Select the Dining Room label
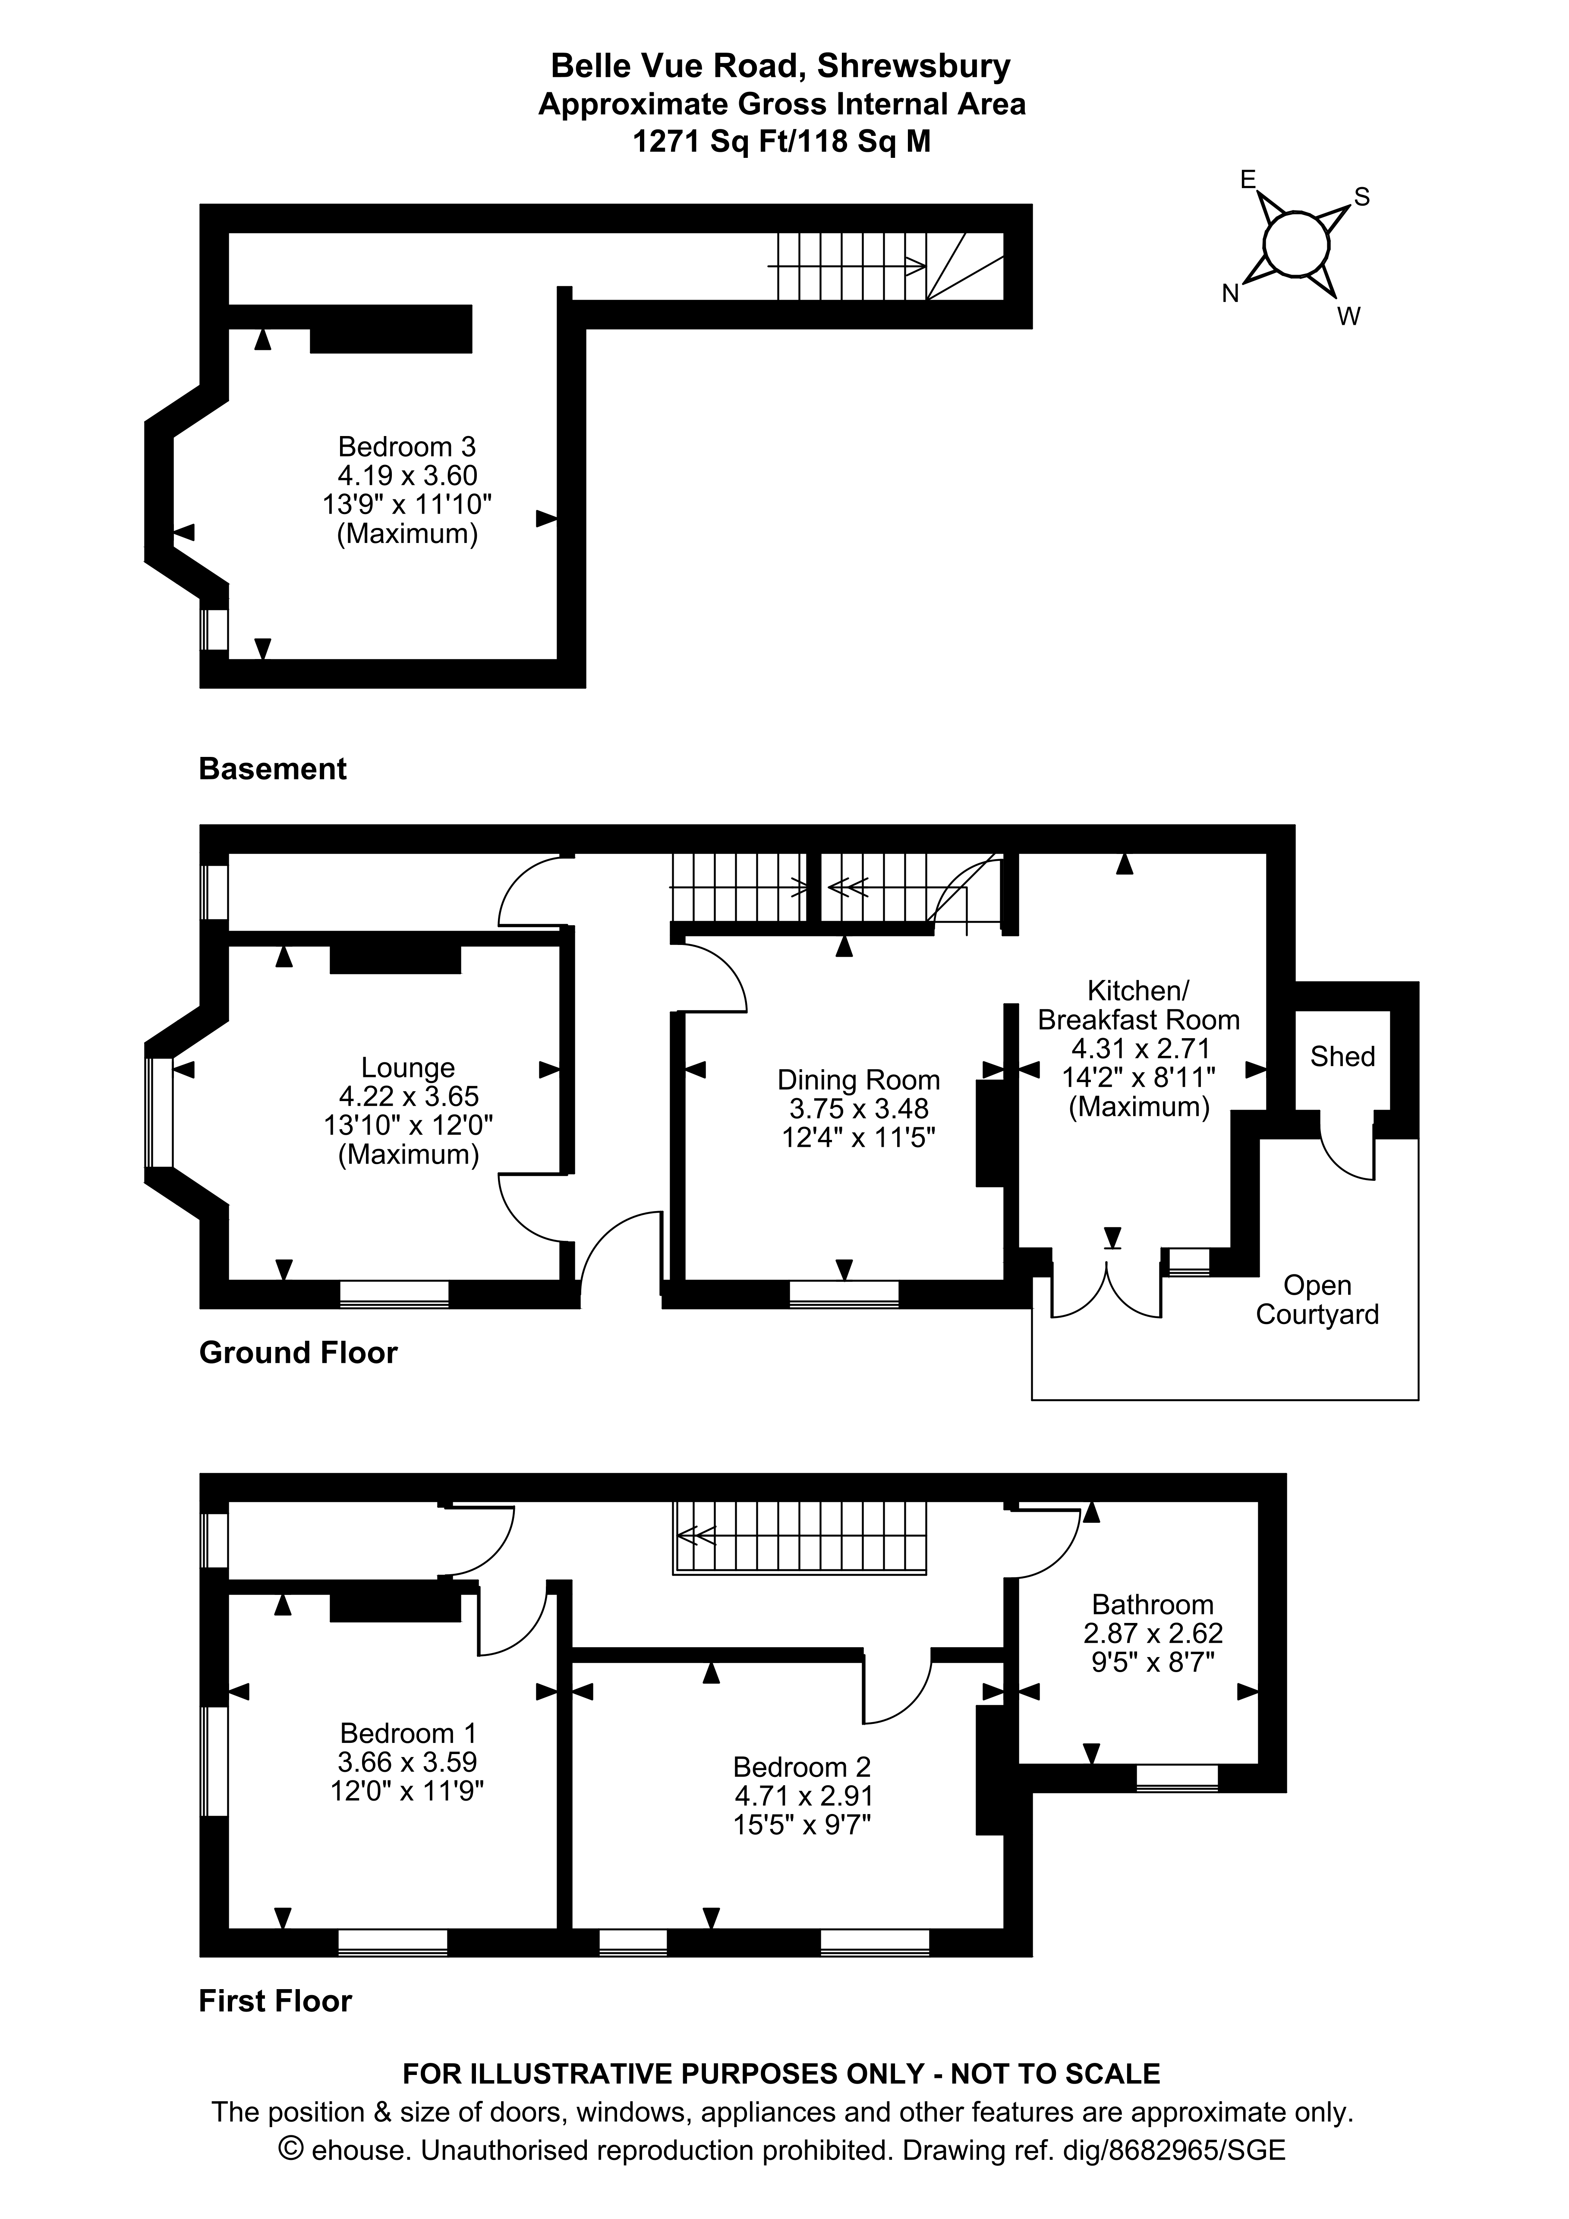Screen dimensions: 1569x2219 (858, 1080)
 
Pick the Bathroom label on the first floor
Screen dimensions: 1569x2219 (1152, 1605)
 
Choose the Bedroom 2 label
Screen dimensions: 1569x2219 (802, 1768)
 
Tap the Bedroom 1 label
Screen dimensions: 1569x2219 (408, 1734)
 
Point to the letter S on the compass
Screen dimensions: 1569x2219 (1362, 197)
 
